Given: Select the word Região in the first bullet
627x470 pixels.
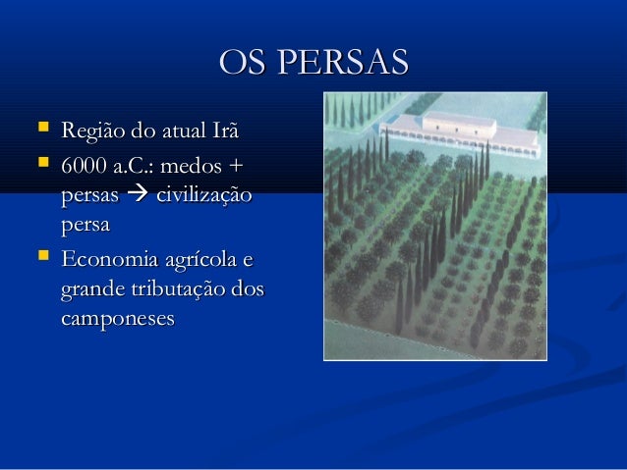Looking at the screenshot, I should [89, 130].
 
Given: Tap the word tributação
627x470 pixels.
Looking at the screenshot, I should [183, 291].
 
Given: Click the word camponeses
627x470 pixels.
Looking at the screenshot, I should [117, 321].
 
